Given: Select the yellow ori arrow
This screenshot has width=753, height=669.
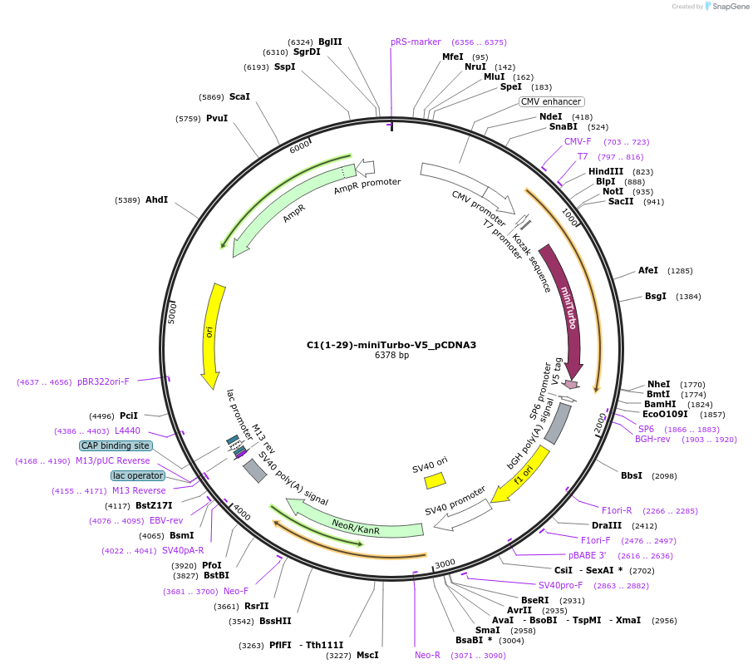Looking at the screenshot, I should (x=213, y=332).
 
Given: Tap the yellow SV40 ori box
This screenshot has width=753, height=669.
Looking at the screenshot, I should (x=435, y=480).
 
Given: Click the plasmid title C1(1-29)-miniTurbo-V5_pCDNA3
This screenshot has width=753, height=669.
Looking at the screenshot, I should (x=391, y=344).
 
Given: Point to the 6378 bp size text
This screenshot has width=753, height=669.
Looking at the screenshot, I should (x=391, y=356).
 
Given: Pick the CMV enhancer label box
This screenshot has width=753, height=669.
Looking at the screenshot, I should (x=551, y=101).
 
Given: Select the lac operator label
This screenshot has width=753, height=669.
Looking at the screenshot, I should (x=138, y=475).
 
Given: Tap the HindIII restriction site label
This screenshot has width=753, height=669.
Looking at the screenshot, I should (x=605, y=171).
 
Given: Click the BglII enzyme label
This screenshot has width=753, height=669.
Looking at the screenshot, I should (x=330, y=42).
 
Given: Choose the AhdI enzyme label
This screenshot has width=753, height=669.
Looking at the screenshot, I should (x=156, y=200).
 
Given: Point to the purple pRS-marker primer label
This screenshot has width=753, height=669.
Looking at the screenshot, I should (x=416, y=42).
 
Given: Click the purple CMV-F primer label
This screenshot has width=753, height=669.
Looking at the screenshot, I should (x=578, y=141).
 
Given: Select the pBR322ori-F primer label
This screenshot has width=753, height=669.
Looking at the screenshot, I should (x=103, y=381).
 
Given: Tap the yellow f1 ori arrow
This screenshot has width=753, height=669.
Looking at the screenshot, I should (x=521, y=474).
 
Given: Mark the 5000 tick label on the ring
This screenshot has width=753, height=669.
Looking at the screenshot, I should (x=174, y=312).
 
